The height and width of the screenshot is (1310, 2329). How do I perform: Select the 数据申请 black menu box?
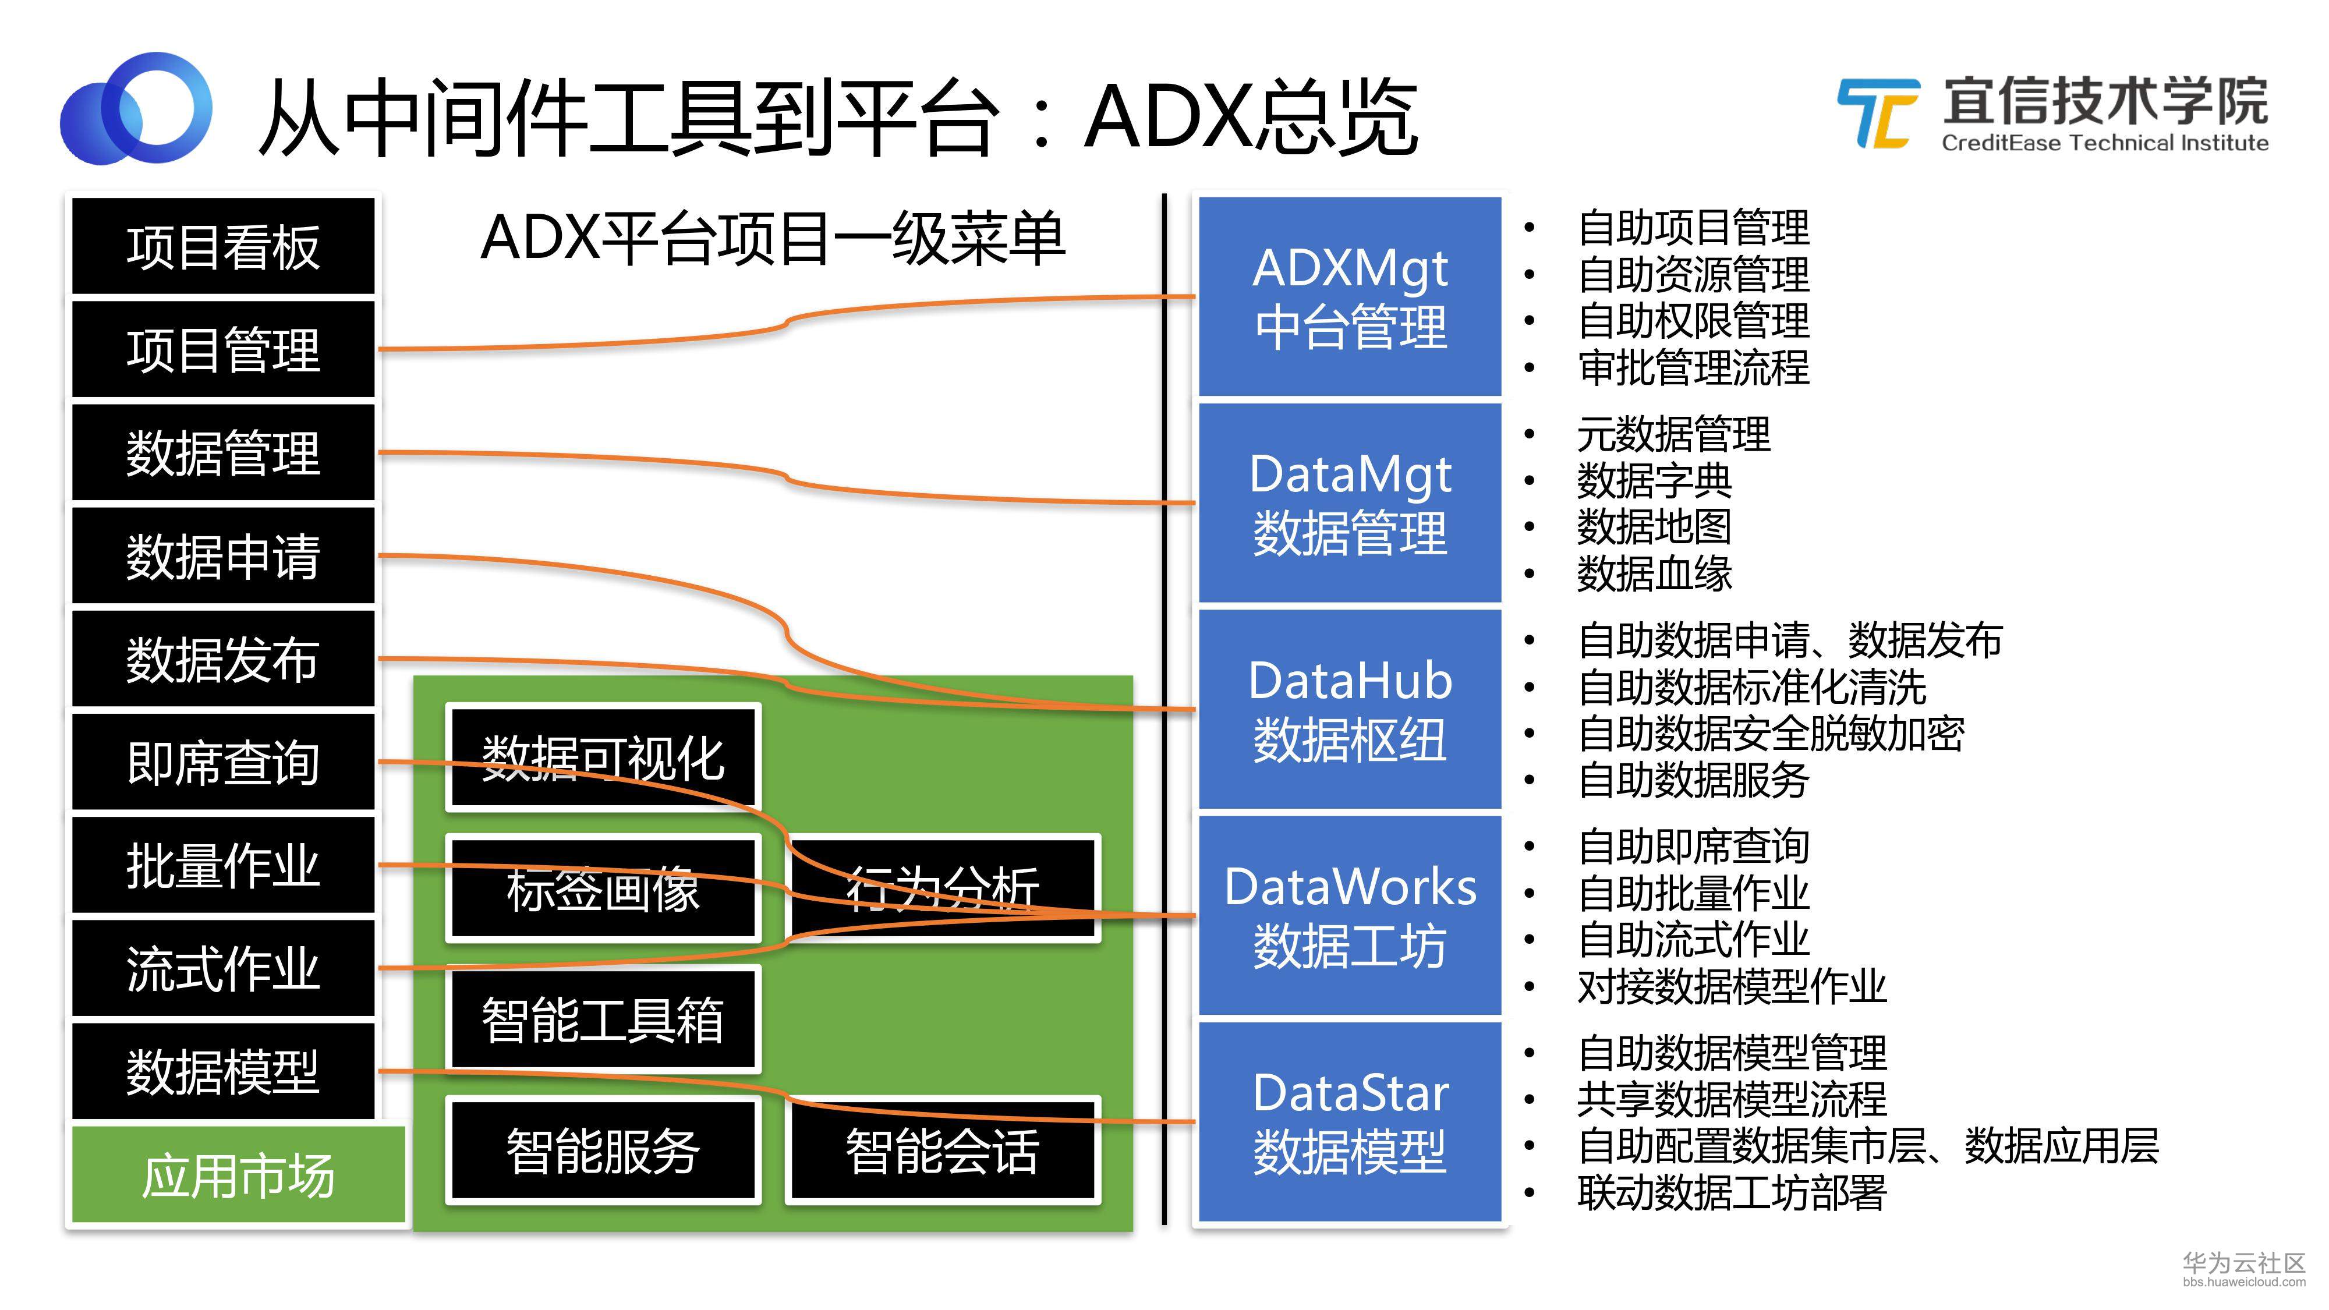tap(222, 556)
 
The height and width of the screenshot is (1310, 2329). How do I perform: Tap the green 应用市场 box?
tap(238, 1174)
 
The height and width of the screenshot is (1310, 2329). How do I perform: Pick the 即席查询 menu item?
tap(222, 762)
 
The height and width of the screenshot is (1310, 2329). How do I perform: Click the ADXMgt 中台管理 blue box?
tap(1349, 296)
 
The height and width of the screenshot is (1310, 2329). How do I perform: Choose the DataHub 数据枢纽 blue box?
tap(1349, 709)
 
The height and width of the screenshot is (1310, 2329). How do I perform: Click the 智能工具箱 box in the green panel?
tap(603, 1019)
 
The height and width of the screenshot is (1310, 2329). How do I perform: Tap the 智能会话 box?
tap(943, 1150)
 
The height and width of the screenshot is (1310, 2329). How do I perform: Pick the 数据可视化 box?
tap(603, 757)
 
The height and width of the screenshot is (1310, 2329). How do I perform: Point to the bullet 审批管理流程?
tap(1693, 367)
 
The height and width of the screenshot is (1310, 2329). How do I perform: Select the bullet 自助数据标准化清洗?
tap(1751, 687)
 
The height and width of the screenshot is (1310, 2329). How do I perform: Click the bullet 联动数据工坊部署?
tap(1732, 1192)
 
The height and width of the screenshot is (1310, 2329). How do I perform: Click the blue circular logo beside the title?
tap(136, 108)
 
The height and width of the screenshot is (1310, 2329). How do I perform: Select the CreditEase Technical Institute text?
tap(2105, 143)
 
